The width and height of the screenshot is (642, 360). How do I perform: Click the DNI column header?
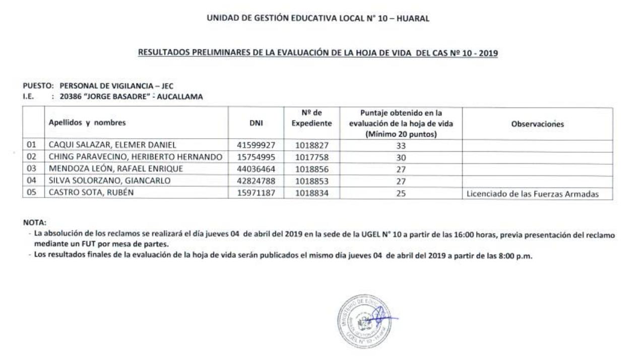[x=256, y=123]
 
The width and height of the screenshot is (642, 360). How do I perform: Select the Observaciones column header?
[x=537, y=124]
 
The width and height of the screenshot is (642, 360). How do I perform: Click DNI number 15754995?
[x=256, y=157]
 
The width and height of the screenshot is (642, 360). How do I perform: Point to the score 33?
[x=401, y=146]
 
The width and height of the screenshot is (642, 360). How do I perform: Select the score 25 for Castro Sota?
[x=401, y=193]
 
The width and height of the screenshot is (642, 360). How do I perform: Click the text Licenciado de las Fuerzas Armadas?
[x=533, y=193]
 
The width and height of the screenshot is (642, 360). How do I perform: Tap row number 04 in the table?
[x=32, y=181]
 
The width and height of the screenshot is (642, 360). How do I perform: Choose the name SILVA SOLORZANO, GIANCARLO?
[x=110, y=181]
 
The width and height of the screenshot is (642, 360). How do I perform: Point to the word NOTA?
[x=34, y=222]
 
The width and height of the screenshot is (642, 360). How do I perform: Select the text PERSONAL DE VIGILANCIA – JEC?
[x=116, y=86]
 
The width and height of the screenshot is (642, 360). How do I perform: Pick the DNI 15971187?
[x=256, y=193]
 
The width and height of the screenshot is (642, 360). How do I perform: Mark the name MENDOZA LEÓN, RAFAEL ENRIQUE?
[x=115, y=169]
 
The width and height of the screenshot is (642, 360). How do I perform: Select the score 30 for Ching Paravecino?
[x=401, y=157]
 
